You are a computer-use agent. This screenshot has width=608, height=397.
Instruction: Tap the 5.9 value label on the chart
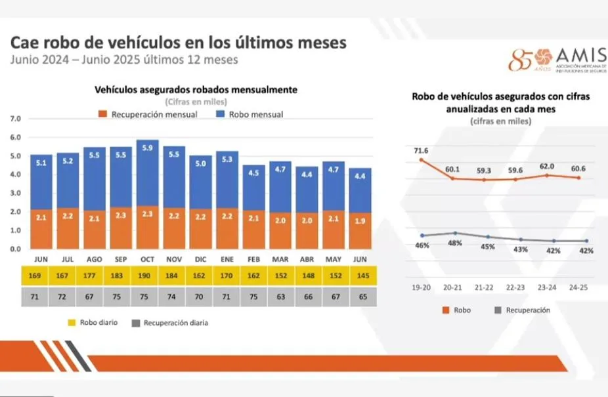coord(147,148)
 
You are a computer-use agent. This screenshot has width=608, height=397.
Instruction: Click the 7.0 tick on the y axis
coord(16,119)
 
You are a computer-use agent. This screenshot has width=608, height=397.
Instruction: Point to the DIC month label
coord(200,259)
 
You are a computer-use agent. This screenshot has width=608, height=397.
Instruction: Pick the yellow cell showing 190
coord(147,276)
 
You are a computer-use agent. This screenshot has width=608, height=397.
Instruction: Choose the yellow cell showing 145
coord(360,276)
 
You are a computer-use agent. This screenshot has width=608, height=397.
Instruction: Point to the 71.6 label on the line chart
coord(420,151)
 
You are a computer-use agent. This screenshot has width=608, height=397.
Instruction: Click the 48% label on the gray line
coord(455,243)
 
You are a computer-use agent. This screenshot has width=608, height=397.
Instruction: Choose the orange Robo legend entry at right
coord(457,310)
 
